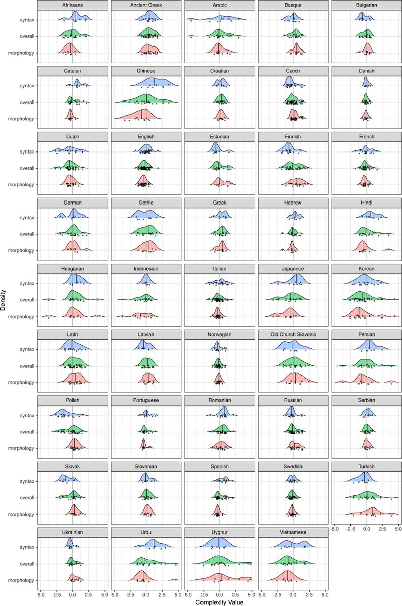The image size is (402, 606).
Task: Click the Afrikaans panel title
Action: point(73,6)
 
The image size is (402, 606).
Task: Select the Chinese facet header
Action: point(146,71)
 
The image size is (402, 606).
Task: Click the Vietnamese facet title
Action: point(293,532)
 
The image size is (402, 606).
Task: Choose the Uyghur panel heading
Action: point(220,532)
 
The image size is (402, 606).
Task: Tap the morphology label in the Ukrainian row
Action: point(21,580)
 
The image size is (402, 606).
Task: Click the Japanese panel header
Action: point(293,269)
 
